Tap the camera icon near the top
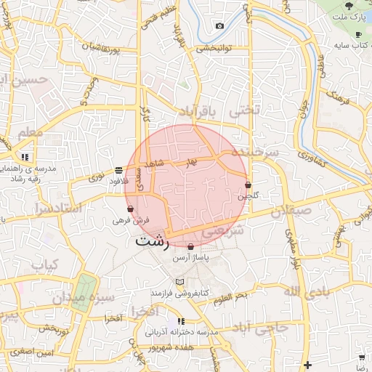pyautogui.click(x=219, y=26)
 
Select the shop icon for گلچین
pyautogui.click(x=248, y=185)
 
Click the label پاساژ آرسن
pyautogui.click(x=190, y=258)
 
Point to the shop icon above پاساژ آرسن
pyautogui.click(x=190, y=246)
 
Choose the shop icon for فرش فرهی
pyautogui.click(x=130, y=209)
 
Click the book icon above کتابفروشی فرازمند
pyautogui.click(x=179, y=281)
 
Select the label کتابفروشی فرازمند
pyautogui.click(x=179, y=292)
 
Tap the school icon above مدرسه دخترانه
pyautogui.click(x=181, y=320)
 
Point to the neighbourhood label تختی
pyautogui.click(x=244, y=112)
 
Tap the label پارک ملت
pyautogui.click(x=352, y=16)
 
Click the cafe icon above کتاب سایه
pyautogui.click(x=358, y=34)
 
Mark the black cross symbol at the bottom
pyautogui.click(x=309, y=364)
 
